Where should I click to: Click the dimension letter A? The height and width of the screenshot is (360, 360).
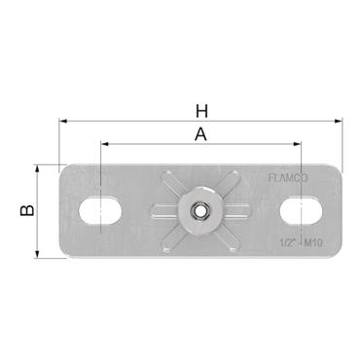pos(200,135)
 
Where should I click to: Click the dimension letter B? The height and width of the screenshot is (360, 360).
pos(28,208)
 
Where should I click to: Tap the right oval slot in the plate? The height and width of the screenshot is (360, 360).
pos(303,209)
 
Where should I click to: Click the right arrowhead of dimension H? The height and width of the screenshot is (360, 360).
pos(340,123)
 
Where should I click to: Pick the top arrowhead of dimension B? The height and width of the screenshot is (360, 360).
pos(39,166)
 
